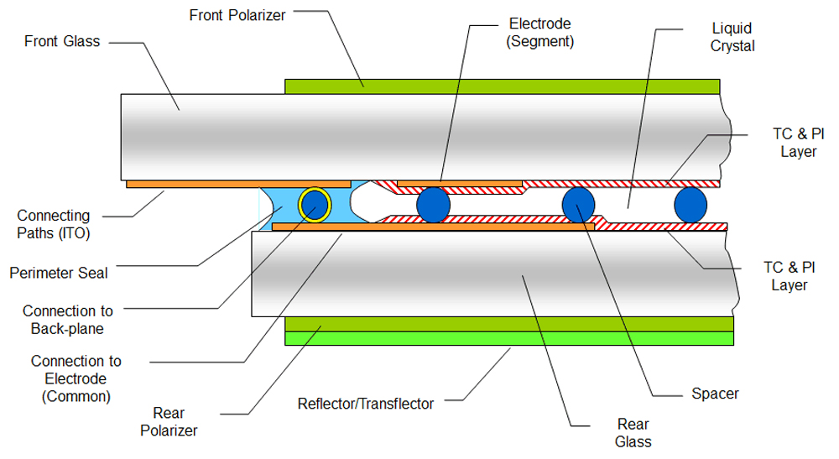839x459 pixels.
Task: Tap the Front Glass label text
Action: point(63,41)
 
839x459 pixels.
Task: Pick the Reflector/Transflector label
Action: point(366,404)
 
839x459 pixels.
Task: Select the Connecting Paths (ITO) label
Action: point(54,225)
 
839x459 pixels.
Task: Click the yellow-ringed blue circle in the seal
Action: point(315,204)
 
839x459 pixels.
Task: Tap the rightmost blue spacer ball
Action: point(690,205)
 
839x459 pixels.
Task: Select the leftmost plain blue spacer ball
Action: point(434,205)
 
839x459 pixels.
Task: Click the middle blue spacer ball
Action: point(578,205)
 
